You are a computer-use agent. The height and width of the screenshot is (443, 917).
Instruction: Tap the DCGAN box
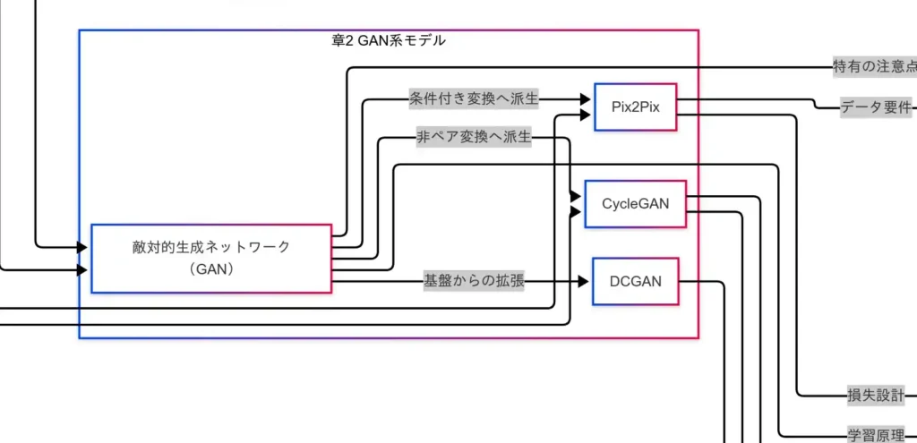pos(635,281)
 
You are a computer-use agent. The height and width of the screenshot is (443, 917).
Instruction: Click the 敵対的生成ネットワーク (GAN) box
pos(211,258)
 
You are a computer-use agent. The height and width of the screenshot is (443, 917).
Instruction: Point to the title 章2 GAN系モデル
pos(388,41)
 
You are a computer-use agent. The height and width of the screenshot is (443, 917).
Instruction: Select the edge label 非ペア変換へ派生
pos(474,138)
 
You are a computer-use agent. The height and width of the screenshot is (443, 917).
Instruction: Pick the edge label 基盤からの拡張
pos(474,282)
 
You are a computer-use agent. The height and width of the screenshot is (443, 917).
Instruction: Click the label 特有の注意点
pos(874,66)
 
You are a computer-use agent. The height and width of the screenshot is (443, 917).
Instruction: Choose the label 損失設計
pos(875,395)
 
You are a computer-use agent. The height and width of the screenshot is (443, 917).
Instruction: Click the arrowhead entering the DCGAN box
pos(583,282)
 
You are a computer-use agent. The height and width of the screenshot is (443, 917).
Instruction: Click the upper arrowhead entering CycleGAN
pos(575,196)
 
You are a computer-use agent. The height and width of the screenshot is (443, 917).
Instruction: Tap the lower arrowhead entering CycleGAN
pos(575,212)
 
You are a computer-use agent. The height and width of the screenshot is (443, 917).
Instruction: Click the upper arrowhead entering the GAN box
pos(82,247)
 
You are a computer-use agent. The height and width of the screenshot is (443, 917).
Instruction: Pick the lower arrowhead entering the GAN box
pos(82,269)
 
